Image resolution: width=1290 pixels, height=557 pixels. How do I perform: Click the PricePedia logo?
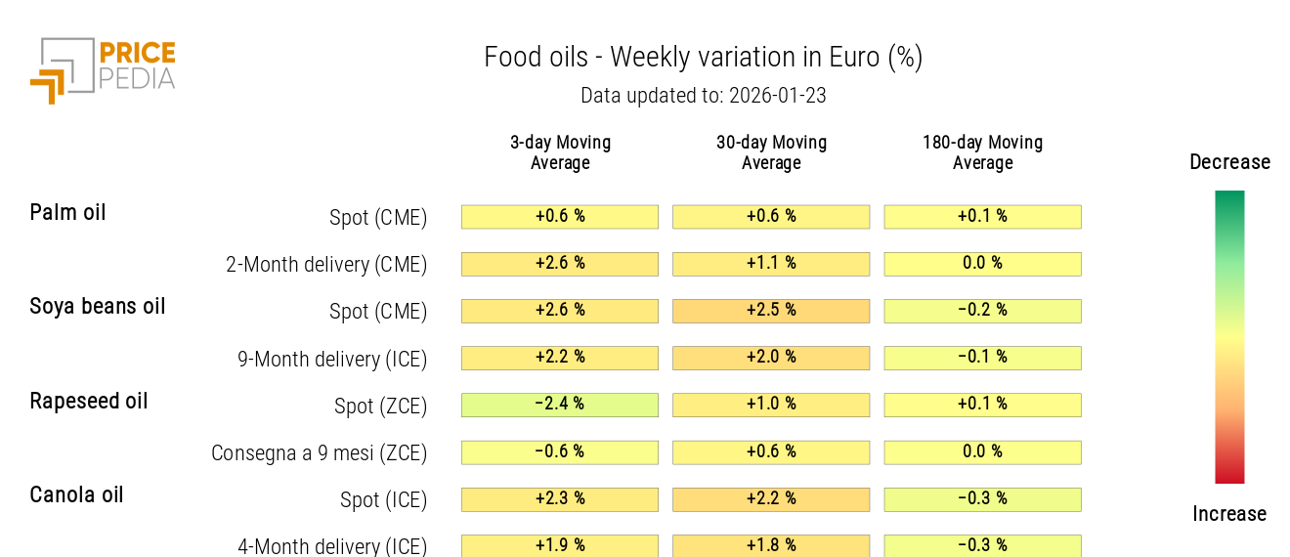pos(103,69)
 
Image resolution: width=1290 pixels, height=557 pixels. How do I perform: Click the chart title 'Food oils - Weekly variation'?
pos(703,58)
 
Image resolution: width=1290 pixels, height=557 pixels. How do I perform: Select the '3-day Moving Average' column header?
pos(560,152)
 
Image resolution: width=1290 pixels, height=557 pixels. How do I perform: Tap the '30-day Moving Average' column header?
pos(771,152)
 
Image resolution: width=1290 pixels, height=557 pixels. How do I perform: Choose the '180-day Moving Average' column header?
pos(982,152)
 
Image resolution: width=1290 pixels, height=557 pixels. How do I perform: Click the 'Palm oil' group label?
pos(67,212)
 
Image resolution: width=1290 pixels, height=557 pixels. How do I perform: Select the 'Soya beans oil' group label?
pos(98,306)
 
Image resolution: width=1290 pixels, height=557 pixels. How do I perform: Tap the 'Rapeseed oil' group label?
pos(89,401)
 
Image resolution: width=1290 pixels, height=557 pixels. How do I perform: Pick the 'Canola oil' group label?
pos(76,494)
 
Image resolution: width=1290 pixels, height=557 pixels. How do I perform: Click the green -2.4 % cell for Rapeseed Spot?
pos(560,405)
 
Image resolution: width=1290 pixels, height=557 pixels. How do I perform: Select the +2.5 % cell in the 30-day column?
pos(771,311)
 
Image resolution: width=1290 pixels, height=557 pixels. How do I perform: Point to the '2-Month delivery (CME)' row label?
pos(326,264)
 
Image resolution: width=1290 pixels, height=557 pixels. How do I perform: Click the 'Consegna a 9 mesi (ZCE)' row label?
pos(320,452)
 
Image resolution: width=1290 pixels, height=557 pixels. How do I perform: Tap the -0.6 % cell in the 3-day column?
pos(560,451)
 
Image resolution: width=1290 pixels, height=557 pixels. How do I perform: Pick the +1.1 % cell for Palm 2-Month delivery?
pos(771,264)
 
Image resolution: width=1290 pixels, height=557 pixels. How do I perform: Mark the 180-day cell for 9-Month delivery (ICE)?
pos(982,358)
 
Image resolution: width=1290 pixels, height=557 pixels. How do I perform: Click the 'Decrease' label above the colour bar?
pos(1229,162)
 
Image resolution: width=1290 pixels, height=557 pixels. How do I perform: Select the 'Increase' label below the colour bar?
pos(1229,514)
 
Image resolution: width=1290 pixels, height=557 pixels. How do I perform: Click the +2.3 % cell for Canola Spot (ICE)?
pos(560,499)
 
